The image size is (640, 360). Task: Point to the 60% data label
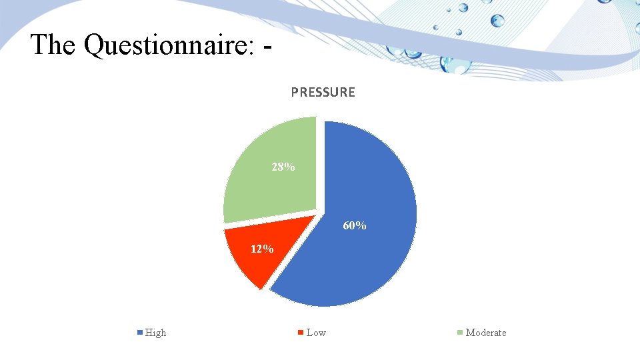(354, 226)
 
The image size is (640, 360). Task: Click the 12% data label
(261, 249)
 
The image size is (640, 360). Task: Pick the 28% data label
(283, 167)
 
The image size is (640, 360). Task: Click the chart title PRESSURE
(323, 93)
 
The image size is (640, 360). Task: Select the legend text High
(155, 333)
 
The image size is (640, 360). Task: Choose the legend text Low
(316, 333)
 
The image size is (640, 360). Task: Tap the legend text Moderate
(485, 333)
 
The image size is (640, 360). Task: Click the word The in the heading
(53, 45)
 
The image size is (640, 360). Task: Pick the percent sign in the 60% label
(361, 226)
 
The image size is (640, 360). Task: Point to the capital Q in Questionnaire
(95, 45)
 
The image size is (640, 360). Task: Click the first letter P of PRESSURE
(295, 93)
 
